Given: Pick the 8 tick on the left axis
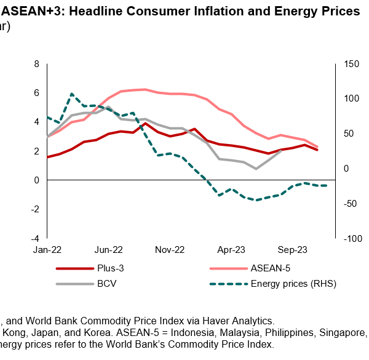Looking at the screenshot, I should (x=37, y=64).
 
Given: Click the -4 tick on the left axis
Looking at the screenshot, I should (x=35, y=238).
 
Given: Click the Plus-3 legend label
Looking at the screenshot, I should (x=110, y=268).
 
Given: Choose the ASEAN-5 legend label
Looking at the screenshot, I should (x=271, y=268).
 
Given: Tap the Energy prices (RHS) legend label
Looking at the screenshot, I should (x=293, y=284).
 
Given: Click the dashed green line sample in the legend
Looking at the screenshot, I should (x=228, y=284).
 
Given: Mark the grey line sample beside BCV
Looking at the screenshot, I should (x=73, y=284).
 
